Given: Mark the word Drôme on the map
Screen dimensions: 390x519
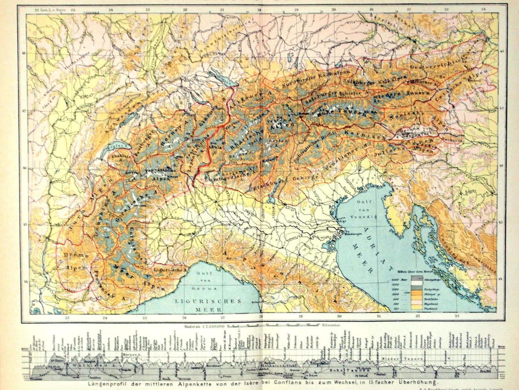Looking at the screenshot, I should click(x=75, y=255).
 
